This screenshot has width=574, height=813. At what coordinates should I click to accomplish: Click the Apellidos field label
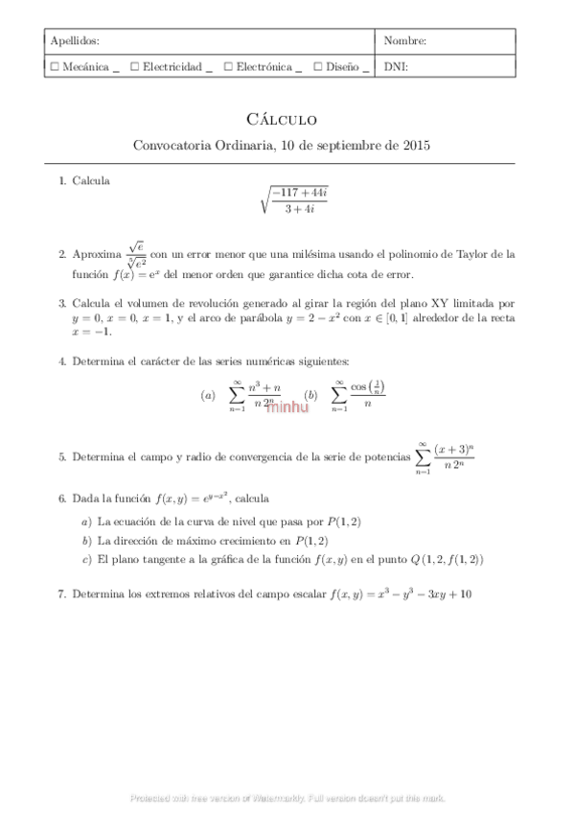(x=74, y=41)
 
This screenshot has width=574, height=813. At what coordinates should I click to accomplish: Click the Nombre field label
(x=404, y=41)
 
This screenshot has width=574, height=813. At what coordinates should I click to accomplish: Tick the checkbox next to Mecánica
(x=55, y=67)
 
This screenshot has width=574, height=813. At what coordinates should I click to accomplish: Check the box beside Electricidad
(x=135, y=67)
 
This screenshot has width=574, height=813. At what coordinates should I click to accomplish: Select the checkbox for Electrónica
(x=228, y=67)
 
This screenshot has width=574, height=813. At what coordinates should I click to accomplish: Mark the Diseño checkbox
(x=317, y=67)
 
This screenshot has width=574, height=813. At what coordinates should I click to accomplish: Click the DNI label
(x=396, y=67)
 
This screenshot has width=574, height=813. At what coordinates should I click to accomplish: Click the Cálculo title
(x=281, y=120)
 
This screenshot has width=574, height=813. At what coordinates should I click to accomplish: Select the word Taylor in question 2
(x=479, y=255)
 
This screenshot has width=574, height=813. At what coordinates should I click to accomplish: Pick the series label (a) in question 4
(x=208, y=395)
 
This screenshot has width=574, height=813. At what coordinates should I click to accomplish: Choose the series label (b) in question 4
(x=310, y=395)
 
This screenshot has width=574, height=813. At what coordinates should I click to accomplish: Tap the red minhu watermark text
(x=287, y=406)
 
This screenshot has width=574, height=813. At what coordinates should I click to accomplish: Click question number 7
(x=61, y=594)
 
